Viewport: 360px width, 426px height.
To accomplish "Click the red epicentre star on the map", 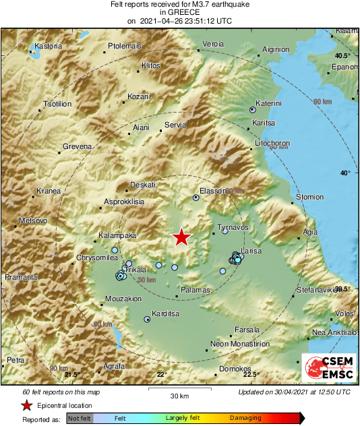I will [181, 237].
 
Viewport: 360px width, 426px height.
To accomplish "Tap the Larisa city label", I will [251, 250].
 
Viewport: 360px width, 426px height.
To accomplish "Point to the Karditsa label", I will [165, 314].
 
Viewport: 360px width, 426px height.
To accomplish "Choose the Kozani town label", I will [139, 96].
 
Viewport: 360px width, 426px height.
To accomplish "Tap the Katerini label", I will [268, 103].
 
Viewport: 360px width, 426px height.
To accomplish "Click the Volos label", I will [344, 313].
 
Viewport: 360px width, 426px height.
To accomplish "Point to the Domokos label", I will [237, 369].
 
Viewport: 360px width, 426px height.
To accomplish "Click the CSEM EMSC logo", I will [328, 368].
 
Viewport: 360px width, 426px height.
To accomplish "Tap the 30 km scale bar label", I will [179, 395].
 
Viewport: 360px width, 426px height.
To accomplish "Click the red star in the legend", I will [27, 406].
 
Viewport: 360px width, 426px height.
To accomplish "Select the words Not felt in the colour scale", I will [79, 419].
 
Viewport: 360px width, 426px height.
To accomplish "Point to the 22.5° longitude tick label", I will [252, 375].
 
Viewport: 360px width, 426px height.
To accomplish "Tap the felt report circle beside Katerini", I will [253, 109].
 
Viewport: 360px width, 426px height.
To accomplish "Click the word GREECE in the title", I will [179, 13].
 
